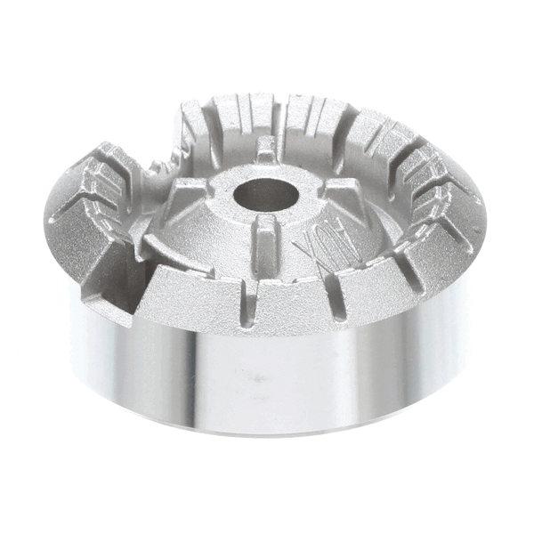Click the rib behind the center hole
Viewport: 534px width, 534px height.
[267, 150]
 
